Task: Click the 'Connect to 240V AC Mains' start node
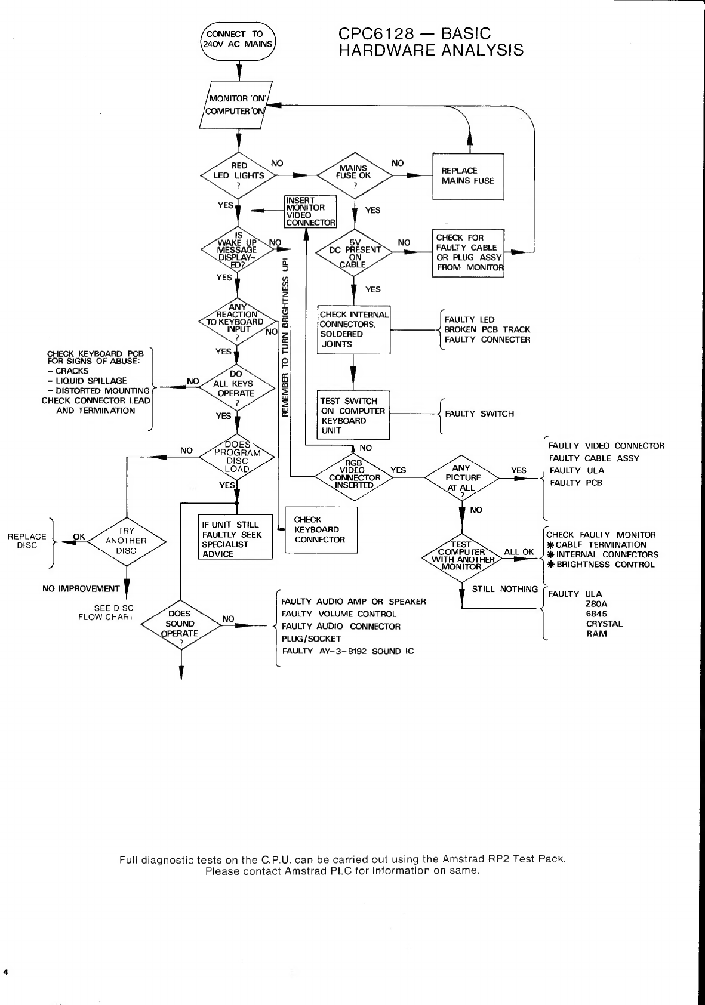tap(238, 39)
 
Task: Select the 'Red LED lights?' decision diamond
tap(238, 175)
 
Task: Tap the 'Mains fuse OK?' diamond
tap(355, 176)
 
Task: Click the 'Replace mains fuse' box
tap(468, 176)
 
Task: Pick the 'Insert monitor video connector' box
tap(310, 212)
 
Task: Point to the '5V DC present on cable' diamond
tap(355, 253)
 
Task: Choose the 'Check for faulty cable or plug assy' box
tap(469, 252)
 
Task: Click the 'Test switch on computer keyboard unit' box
tap(354, 415)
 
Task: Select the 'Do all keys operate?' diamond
tap(236, 389)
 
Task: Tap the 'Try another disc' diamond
tap(127, 541)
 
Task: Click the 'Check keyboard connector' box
tap(321, 530)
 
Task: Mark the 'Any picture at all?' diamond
tap(462, 477)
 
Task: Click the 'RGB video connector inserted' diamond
tap(354, 477)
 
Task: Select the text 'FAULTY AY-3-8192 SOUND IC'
tap(348, 651)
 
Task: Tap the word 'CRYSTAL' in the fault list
tap(604, 624)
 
